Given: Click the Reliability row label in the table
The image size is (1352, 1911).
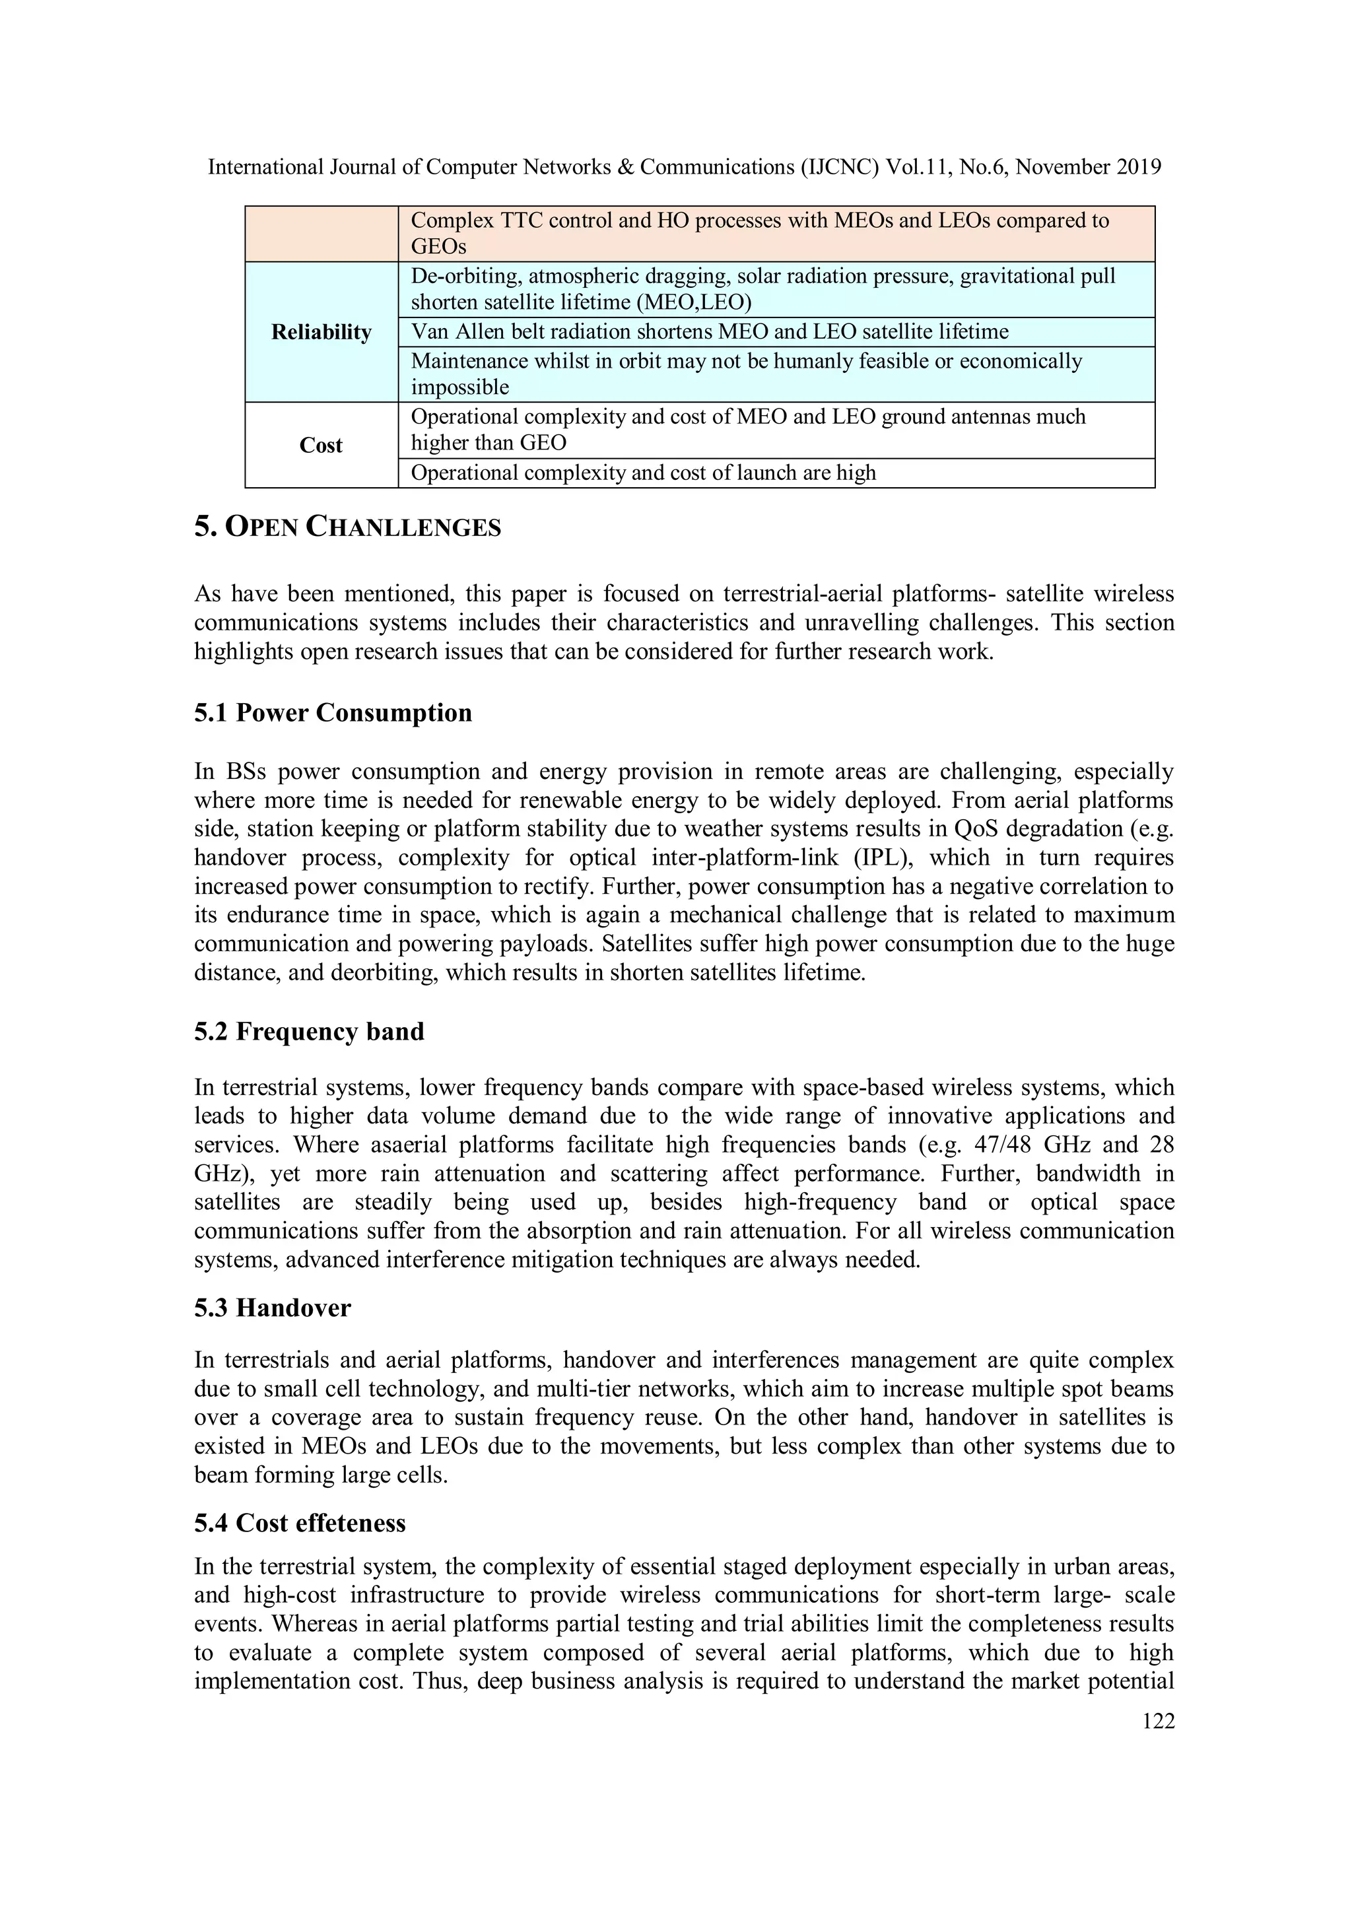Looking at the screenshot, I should coord(321,332).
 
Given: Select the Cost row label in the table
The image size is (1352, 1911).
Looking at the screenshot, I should coord(321,446).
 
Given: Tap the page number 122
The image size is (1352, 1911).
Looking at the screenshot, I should coord(1158,1720).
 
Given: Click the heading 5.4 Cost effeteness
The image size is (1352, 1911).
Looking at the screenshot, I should coord(300,1522).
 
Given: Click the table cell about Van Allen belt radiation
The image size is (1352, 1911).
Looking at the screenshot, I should coord(709,332).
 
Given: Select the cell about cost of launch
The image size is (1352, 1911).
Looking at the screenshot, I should coord(643,473).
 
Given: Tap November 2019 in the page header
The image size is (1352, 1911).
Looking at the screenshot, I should coord(1088,167).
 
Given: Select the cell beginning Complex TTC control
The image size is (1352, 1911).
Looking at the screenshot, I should coord(759,233).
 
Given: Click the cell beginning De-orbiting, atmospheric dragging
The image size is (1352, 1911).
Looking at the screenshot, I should coord(762,289).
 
